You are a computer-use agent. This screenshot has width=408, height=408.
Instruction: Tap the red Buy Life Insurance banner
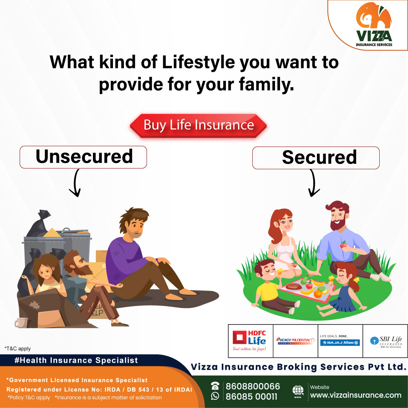[199, 125]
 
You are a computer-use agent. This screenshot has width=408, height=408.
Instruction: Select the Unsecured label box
[83, 157]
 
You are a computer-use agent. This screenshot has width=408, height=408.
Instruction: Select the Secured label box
[316, 158]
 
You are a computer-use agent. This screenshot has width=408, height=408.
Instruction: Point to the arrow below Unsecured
[75, 183]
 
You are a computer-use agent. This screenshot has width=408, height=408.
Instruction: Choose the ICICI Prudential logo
[295, 341]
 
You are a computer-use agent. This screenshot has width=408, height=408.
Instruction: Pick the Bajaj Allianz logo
[340, 341]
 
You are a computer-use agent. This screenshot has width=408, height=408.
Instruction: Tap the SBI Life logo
[385, 341]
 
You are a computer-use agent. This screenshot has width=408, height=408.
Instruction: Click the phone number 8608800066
[253, 386]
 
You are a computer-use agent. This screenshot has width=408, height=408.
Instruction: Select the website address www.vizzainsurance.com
[355, 395]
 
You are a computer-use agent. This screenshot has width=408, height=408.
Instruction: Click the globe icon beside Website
[298, 391]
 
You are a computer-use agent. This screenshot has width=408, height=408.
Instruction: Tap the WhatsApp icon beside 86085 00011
[215, 396]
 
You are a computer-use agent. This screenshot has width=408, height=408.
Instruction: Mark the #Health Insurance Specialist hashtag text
[76, 360]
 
